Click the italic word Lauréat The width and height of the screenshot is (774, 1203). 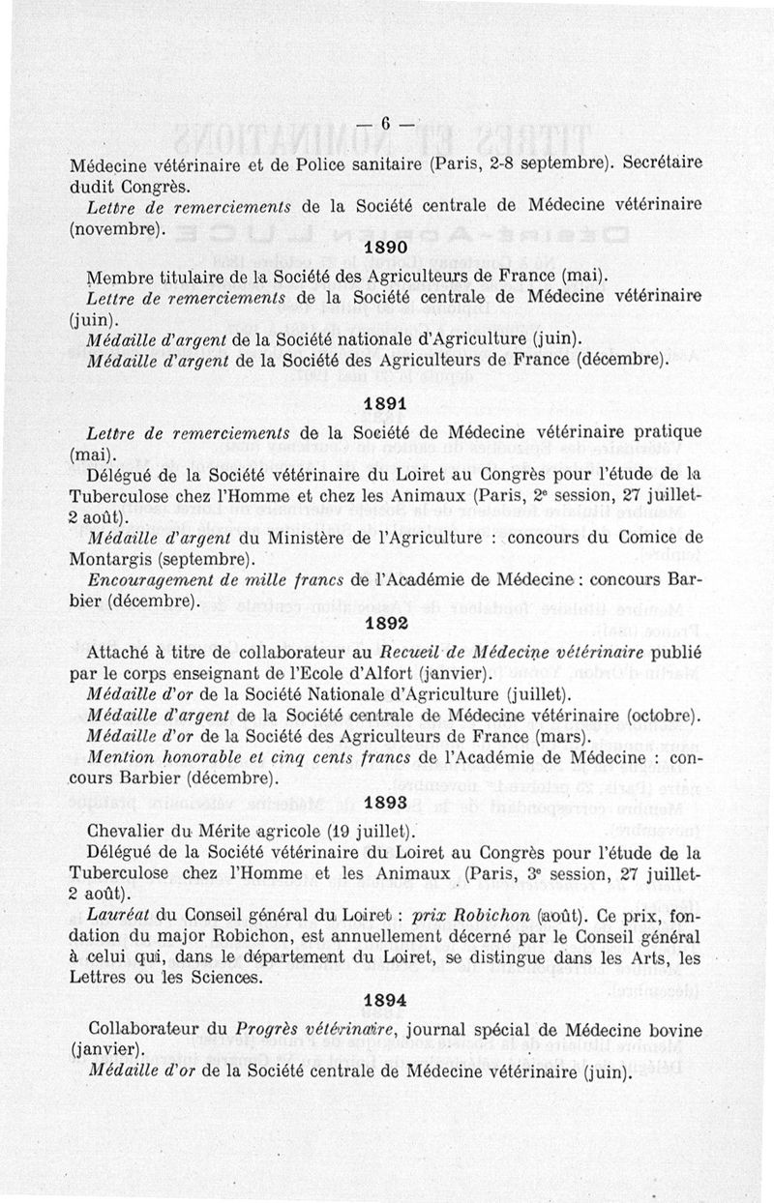(x=116, y=913)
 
